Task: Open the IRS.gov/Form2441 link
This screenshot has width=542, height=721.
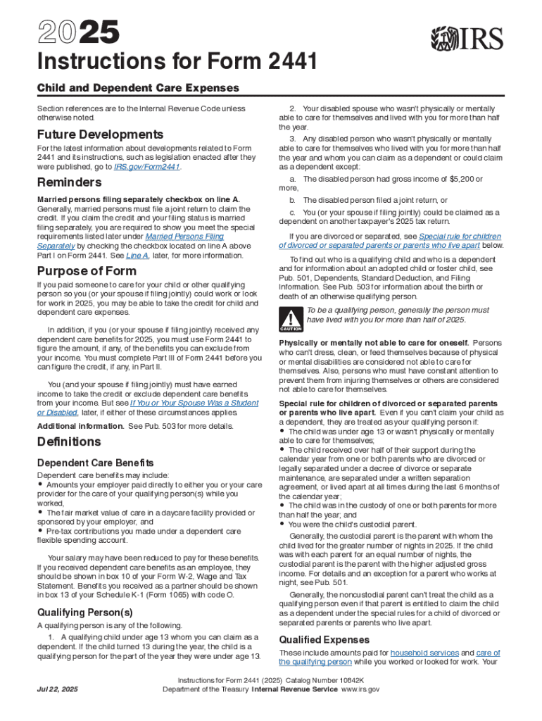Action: (x=146, y=168)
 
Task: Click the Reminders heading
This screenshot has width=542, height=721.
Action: (x=70, y=183)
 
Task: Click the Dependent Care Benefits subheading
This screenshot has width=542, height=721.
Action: (x=95, y=463)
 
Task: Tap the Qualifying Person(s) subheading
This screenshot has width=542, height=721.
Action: (x=84, y=611)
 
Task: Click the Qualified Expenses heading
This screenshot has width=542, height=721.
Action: (x=324, y=639)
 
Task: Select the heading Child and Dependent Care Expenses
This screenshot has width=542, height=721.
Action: (x=138, y=88)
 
